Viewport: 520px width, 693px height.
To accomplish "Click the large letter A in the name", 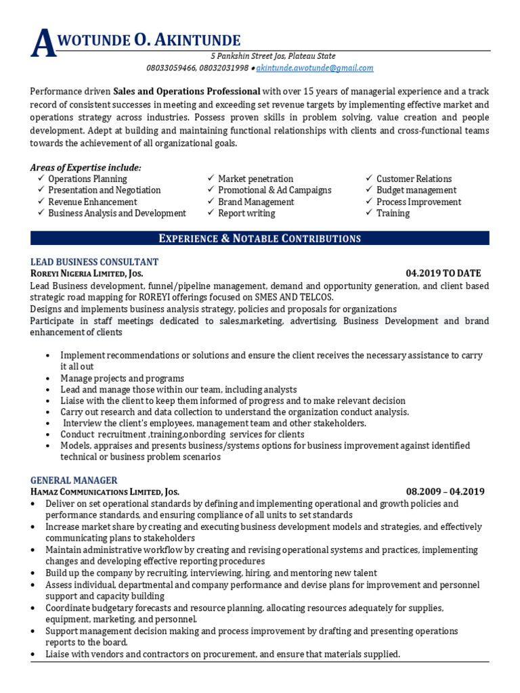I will [x=42, y=43].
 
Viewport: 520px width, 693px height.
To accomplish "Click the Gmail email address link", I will [x=315, y=68].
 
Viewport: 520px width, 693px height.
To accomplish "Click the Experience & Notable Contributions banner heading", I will [x=259, y=238].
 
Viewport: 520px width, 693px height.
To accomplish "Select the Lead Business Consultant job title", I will [x=95, y=262].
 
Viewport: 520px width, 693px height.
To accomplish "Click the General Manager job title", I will [x=74, y=480].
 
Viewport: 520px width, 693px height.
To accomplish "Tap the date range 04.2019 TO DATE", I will [x=443, y=273].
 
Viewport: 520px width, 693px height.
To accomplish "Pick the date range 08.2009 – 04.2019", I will [x=445, y=491].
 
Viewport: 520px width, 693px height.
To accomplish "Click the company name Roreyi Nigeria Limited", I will [x=87, y=273].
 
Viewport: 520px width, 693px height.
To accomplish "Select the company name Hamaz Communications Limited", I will [x=105, y=491].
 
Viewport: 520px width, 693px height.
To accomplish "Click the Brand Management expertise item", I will [x=256, y=202].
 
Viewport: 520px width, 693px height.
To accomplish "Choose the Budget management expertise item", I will [x=416, y=190].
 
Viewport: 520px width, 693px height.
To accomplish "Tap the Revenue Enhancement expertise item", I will [x=92, y=202].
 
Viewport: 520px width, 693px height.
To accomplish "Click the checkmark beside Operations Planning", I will [x=41, y=179].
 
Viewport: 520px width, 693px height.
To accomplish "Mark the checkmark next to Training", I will [x=369, y=213].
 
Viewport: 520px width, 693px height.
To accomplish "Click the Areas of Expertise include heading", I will [x=86, y=167].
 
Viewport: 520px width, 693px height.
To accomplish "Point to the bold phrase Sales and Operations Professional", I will [x=186, y=91].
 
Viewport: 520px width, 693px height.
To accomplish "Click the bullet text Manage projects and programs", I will [x=122, y=378].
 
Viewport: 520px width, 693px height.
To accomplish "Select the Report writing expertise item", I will [x=246, y=213].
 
